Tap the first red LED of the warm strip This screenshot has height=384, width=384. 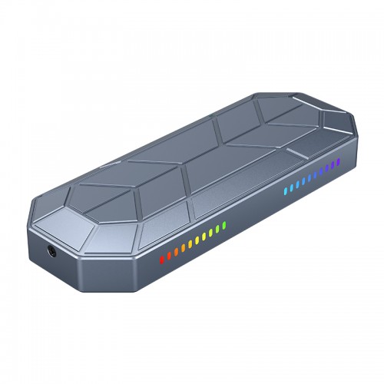point(162,260)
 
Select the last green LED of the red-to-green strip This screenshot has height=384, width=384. point(224,225)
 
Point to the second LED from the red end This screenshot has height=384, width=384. point(169,256)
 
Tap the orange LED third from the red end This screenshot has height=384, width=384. point(176,252)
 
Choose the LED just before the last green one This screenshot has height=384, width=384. point(217,229)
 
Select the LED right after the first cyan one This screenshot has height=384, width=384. point(292,187)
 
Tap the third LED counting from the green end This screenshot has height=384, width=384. point(210,233)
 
